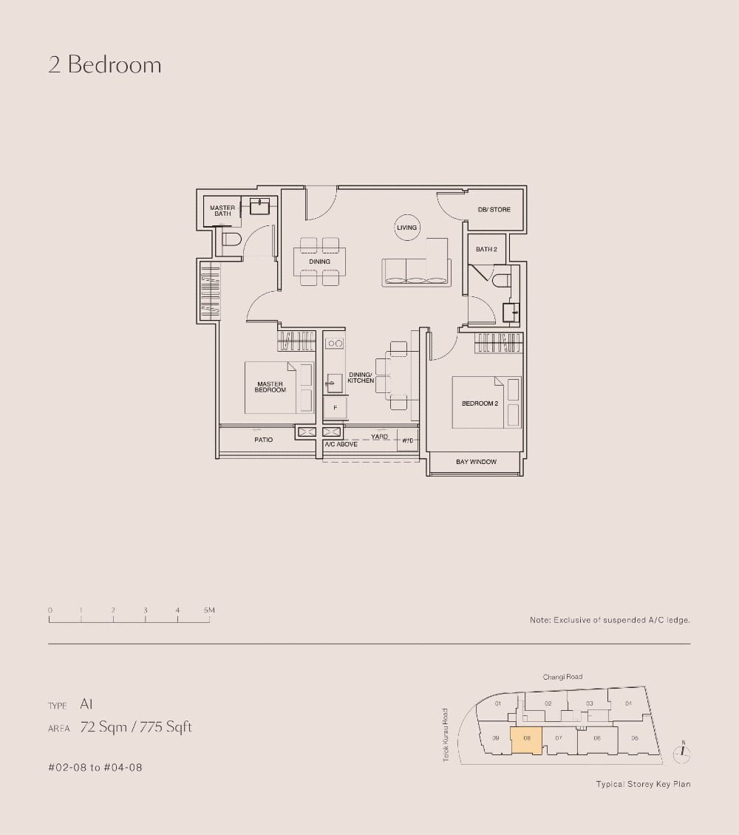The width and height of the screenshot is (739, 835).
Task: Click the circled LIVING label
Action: click(407, 228)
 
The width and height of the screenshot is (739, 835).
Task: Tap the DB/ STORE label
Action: click(494, 210)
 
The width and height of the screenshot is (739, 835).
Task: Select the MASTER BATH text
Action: click(222, 211)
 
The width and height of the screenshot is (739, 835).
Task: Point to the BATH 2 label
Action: click(486, 250)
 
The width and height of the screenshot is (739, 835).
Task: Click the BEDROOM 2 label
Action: click(480, 403)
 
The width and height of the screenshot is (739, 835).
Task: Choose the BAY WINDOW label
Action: click(476, 462)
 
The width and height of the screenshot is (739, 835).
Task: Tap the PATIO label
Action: click(264, 440)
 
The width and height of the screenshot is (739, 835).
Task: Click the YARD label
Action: click(380, 437)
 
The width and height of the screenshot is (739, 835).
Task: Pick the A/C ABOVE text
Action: click(341, 444)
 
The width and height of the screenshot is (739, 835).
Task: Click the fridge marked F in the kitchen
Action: click(335, 407)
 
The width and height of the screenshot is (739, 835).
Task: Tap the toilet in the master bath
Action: click(231, 239)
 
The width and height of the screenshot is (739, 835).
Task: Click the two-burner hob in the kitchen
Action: click(335, 344)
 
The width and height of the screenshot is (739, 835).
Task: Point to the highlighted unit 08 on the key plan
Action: click(527, 739)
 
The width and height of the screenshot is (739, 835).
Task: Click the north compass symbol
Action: click(684, 753)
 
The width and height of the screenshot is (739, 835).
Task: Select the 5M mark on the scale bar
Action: click(209, 610)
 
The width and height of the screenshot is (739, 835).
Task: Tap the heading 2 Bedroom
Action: click(105, 65)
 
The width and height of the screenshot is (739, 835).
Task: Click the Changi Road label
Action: click(562, 677)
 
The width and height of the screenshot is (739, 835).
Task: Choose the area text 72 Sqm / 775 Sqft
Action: click(136, 727)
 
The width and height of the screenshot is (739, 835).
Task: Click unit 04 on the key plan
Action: click(628, 703)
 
